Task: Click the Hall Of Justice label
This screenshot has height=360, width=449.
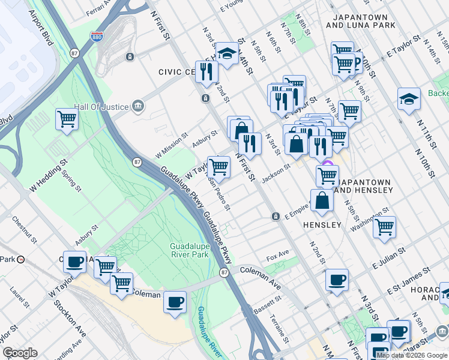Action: pos(101,107)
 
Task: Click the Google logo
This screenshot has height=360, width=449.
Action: pos(20,353)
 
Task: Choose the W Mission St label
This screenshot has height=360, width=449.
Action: pos(170,145)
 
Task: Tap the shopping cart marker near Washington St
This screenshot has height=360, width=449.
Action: pos(384,227)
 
